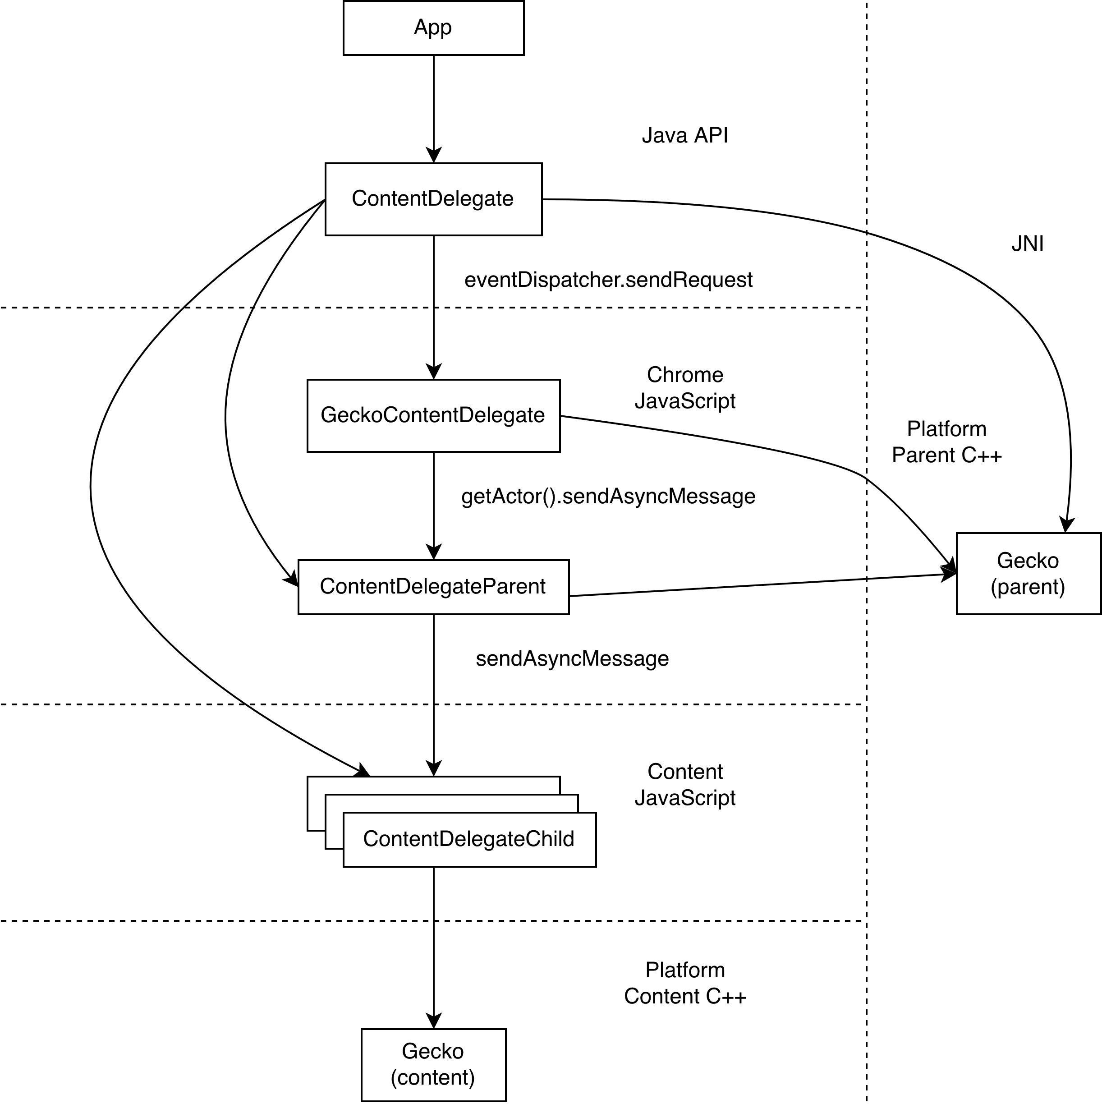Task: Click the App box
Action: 433,28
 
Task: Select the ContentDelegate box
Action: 433,199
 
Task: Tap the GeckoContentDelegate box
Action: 433,415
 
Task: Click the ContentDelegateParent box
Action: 433,587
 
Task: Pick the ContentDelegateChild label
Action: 468,839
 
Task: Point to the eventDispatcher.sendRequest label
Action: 608,280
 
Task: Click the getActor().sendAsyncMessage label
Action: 608,497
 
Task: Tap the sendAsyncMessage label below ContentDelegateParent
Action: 572,659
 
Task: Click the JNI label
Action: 1027,244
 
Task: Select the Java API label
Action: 684,135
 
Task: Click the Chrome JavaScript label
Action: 684,388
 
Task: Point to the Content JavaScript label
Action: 684,785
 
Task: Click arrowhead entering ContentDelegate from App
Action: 434,156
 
